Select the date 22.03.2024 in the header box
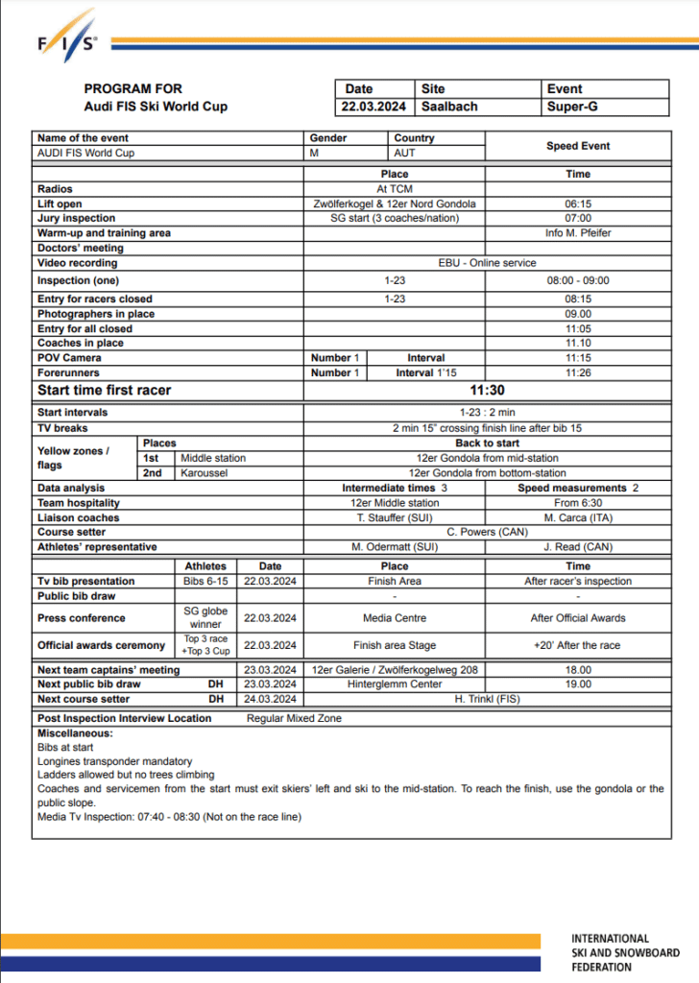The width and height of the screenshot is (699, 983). [x=374, y=107]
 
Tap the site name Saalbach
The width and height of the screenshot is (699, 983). [x=449, y=107]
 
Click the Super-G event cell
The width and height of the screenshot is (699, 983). [x=572, y=107]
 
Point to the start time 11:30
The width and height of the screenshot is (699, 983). [x=488, y=391]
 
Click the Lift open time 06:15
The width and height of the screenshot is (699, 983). [x=578, y=204]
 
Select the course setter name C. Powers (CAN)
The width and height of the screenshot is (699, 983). [x=487, y=532]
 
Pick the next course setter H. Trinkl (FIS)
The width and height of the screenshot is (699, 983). [x=487, y=699]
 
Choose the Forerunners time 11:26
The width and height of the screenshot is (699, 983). [x=578, y=372]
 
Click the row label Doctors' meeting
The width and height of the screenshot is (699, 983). [x=81, y=248]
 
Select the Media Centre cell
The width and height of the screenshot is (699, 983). [x=395, y=618]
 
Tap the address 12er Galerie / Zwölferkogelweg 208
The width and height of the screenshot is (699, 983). [x=395, y=670]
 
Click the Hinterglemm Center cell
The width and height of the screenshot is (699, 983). [x=395, y=684]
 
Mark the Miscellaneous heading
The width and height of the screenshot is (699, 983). [x=75, y=733]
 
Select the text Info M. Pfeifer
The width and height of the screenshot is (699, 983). [x=578, y=233]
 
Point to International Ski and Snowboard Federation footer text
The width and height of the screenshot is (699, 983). [x=624, y=953]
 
